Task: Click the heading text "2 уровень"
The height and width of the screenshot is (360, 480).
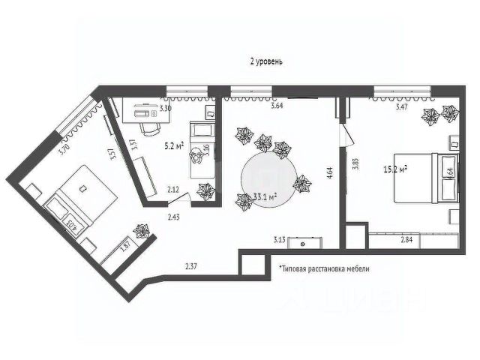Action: click(267, 61)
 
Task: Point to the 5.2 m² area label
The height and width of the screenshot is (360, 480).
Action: click(174, 145)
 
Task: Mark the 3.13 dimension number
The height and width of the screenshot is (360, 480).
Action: click(280, 240)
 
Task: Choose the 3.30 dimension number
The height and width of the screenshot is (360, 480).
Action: click(166, 109)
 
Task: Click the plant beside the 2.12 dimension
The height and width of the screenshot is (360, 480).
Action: click(202, 191)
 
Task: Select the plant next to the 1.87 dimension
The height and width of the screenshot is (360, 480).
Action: click(139, 229)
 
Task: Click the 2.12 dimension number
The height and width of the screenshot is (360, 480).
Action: click(173, 190)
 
